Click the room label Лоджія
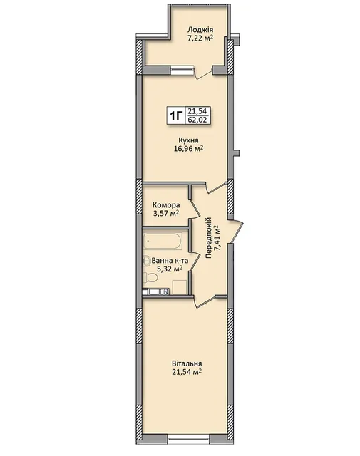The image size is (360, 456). [x=200, y=30]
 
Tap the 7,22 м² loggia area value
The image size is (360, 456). [x=201, y=38]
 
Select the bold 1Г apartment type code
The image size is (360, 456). [x=176, y=116]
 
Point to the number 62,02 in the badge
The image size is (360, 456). [x=197, y=120]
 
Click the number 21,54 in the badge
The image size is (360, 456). [x=197, y=111]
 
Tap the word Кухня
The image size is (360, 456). [x=189, y=141]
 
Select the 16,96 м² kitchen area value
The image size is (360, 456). [x=188, y=150]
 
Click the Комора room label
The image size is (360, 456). [x=166, y=205]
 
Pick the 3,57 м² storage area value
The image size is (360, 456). [x=166, y=214]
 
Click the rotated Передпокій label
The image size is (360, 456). [x=208, y=238]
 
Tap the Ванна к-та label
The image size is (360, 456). [x=170, y=261]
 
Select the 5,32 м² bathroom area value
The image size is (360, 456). [x=170, y=269]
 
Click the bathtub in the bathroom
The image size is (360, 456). [x=163, y=241]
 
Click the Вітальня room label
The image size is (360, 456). [x=187, y=363]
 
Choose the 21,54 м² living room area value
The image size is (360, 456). [x=187, y=372]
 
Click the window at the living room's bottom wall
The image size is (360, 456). [x=189, y=440]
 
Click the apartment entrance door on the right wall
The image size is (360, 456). [x=236, y=232]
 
